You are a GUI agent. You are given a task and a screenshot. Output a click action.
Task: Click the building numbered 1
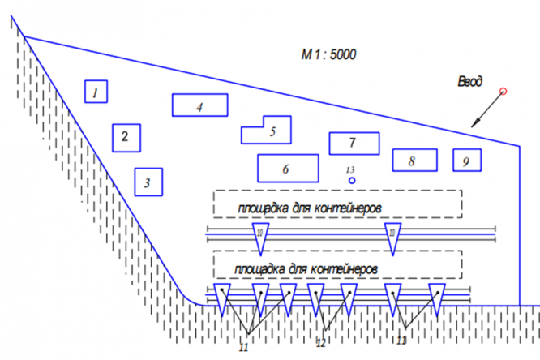tap(96, 92)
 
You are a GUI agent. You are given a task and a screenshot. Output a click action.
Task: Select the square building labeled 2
tap(126, 137)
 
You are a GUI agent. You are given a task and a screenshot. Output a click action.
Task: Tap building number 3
tap(148, 182)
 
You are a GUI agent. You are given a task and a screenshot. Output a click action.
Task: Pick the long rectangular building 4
tap(199, 105)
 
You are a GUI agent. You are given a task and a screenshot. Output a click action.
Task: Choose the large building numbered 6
tap(286, 168)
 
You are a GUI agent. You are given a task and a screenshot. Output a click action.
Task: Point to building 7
tap(354, 143)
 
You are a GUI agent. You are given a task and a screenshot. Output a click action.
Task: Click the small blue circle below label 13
tap(352, 180)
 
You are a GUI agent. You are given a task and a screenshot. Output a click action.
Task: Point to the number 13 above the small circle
tap(351, 169)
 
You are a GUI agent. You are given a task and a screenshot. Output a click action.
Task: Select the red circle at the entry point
tap(504, 91)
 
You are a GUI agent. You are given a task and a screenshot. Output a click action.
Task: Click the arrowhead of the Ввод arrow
tap(474, 122)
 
